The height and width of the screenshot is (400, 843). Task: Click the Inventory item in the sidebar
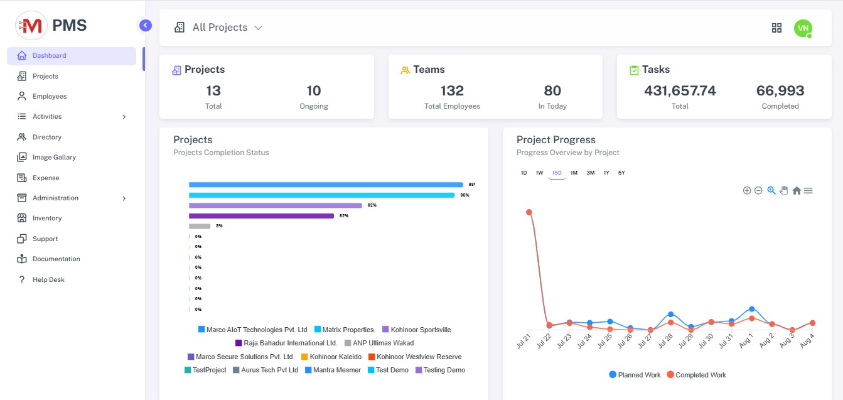coord(47,219)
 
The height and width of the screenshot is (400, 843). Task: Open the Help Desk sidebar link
coord(48,279)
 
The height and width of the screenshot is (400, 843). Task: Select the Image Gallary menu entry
coord(54,158)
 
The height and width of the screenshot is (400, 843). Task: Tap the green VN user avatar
coord(803,28)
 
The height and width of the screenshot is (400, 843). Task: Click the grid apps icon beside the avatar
coord(776,28)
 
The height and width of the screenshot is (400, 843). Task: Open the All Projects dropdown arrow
coord(258,28)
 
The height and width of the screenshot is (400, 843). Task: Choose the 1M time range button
coord(574,173)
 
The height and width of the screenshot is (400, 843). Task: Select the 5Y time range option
coord(621,173)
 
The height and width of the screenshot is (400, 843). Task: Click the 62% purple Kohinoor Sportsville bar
coord(276,205)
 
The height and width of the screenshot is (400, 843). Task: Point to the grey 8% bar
coord(200,226)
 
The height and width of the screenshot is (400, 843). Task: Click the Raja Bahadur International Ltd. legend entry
coord(286,343)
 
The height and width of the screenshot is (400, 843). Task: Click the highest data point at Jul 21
coord(529,212)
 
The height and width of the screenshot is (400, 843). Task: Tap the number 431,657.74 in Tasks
coord(680,91)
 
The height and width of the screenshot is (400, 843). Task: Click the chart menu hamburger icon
coord(808,191)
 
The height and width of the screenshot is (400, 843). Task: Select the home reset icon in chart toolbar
coord(797,191)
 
